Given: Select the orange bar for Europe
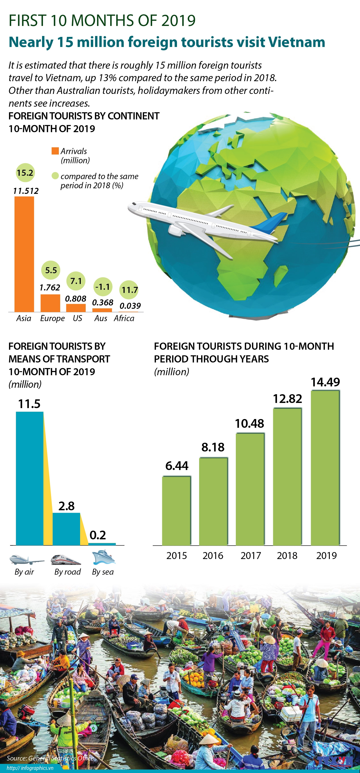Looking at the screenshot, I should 50,303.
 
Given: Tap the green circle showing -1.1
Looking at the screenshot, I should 103,287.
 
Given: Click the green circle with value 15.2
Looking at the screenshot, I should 25,173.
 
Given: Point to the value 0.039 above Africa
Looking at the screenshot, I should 130,306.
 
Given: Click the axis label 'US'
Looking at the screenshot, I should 77,318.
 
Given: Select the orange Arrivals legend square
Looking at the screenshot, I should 55,151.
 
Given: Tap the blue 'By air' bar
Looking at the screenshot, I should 30,478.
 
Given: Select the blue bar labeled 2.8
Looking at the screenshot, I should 66,529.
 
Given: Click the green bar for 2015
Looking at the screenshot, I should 176,510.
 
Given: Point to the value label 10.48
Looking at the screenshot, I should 249,424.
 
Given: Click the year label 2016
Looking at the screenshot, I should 213,555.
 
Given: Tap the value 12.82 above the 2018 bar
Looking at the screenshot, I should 287,398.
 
